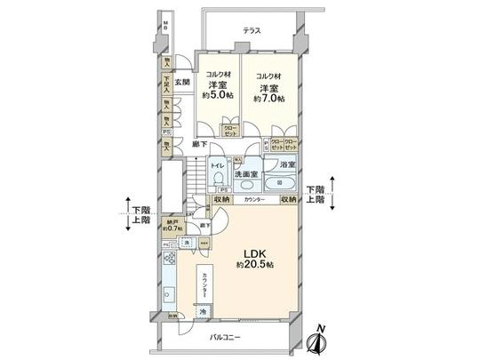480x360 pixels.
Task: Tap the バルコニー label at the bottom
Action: pos(228,337)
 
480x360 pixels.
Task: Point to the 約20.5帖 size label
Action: pos(252,265)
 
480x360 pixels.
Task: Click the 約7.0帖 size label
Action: pos(267,100)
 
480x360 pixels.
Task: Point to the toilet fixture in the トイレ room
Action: pos(218,179)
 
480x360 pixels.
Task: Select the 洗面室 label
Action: pos(247,174)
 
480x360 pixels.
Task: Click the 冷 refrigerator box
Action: pos(204,311)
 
